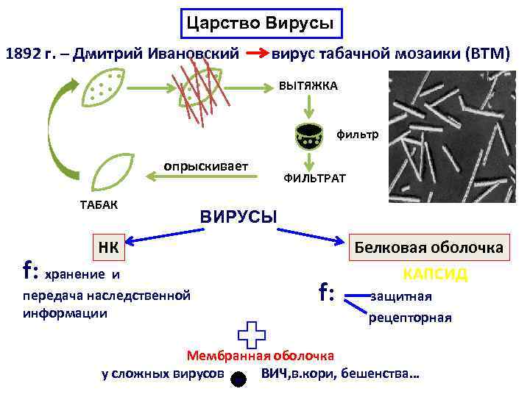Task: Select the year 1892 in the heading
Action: (x=28, y=54)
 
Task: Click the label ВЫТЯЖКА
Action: (x=308, y=86)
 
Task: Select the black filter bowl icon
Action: (x=310, y=135)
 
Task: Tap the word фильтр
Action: (x=358, y=135)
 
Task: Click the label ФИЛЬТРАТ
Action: (x=314, y=179)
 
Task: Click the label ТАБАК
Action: (x=99, y=204)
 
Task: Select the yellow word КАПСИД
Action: (x=435, y=274)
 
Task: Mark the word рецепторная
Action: (x=410, y=318)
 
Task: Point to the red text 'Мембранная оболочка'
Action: (x=261, y=356)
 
